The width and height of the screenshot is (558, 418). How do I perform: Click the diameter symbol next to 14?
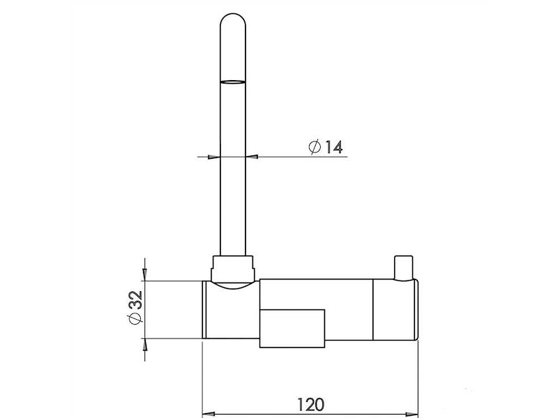[x=314, y=147]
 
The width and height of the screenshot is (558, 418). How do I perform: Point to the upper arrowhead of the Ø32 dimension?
[x=145, y=274]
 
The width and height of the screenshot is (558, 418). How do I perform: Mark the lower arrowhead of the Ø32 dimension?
[x=145, y=346]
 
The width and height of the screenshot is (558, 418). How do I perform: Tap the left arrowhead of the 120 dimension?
[x=208, y=412]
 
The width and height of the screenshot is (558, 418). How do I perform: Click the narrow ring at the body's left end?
[x=204, y=309]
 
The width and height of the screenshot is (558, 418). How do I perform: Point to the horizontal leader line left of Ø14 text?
[x=279, y=157]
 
